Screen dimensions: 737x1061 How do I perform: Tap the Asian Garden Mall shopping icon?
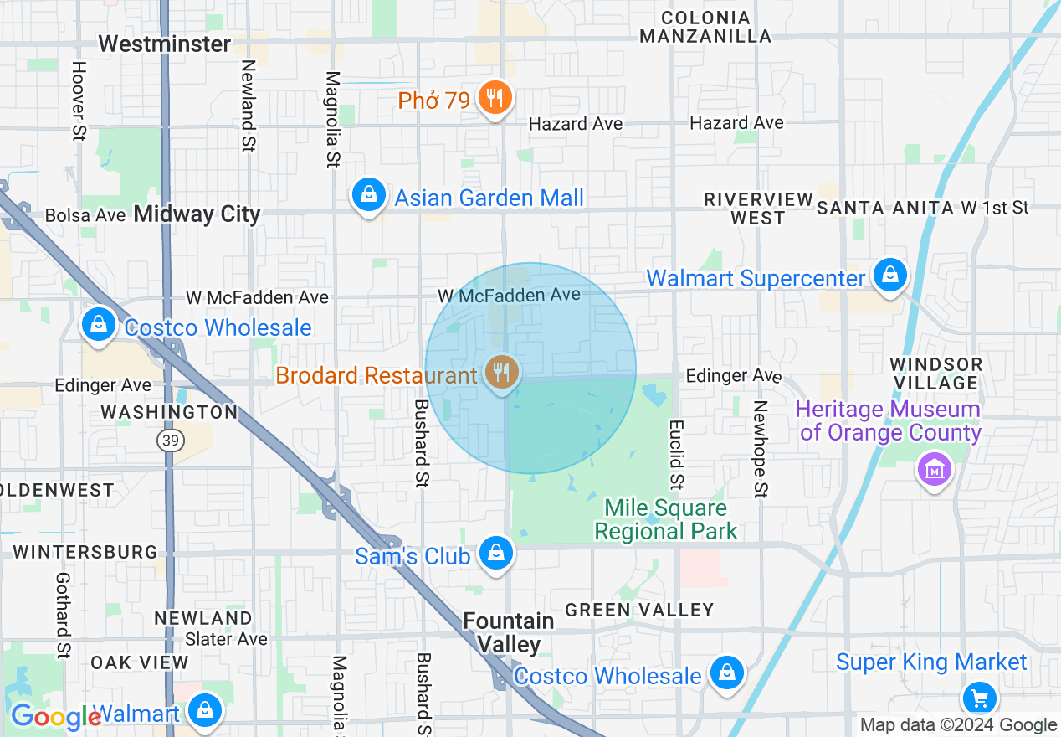click(x=368, y=195)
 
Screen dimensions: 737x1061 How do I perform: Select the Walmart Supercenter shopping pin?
click(x=890, y=275)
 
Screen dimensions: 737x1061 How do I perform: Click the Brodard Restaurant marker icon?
click(x=501, y=371)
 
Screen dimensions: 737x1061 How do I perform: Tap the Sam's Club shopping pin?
click(x=496, y=553)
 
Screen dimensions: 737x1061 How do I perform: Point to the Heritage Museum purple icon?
click(x=935, y=468)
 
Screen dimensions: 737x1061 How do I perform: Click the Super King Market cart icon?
click(x=979, y=697)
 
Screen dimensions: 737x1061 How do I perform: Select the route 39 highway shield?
click(x=171, y=441)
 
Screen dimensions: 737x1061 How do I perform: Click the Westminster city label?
click(x=164, y=44)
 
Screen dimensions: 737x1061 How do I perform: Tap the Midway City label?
click(x=197, y=214)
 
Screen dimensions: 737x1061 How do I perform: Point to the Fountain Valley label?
click(x=509, y=632)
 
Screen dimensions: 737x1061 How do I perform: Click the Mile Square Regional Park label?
click(x=666, y=519)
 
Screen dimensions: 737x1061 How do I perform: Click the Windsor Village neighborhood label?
click(x=935, y=374)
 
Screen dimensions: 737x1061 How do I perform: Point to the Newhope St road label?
click(x=760, y=448)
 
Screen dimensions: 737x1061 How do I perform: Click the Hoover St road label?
click(x=79, y=100)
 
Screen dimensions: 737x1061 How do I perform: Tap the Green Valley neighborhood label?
click(x=639, y=610)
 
